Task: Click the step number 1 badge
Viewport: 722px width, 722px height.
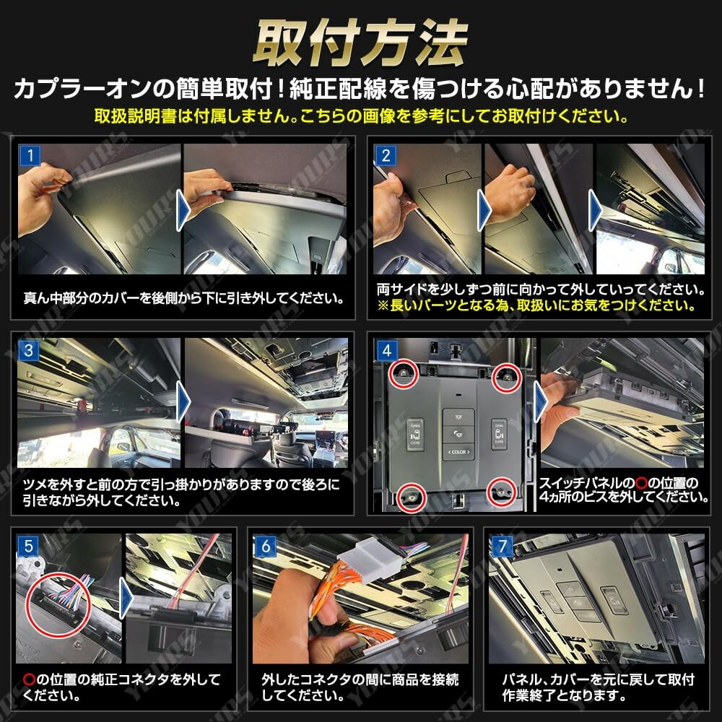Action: [29, 155]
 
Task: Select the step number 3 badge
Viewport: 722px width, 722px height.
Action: [29, 352]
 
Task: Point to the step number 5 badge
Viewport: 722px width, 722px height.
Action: [29, 547]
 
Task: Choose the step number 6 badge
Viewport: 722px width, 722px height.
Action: [266, 547]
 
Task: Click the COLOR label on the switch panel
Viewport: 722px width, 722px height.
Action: [458, 453]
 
